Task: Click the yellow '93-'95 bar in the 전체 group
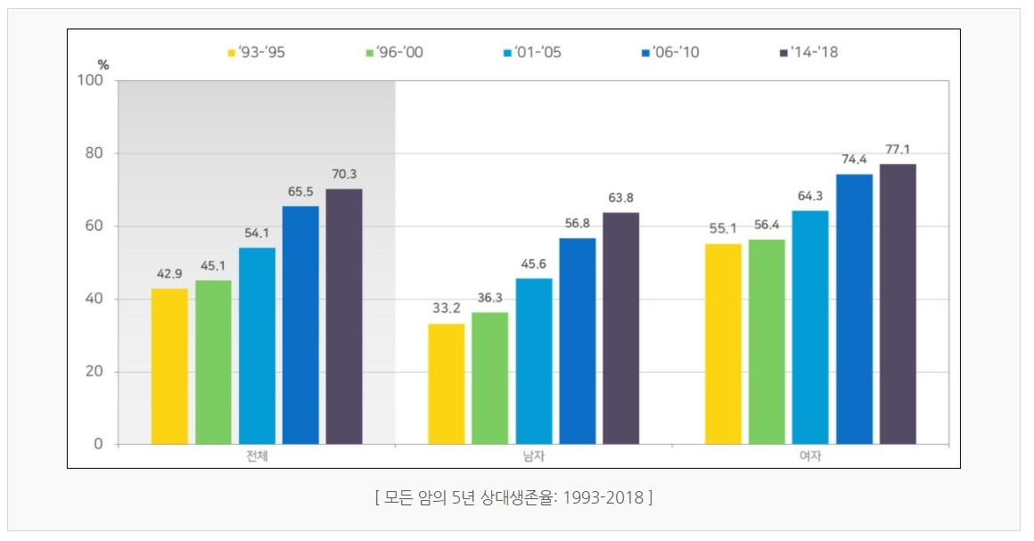[169, 366]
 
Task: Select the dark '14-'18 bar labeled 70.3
[344, 316]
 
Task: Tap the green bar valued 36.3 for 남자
[490, 378]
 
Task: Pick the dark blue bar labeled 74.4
[855, 308]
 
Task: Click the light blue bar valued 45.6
[534, 362]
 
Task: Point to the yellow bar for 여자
[724, 344]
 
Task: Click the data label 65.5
[300, 192]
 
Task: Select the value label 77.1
[898, 150]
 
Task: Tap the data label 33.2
[447, 308]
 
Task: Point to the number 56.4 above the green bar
[767, 225]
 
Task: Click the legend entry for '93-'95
[257, 52]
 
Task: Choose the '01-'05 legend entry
[532, 52]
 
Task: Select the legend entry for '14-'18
[809, 52]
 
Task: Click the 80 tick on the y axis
[95, 153]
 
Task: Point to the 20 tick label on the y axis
[95, 372]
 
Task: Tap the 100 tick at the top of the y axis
[91, 80]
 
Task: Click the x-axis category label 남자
[533, 456]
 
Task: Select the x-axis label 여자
[810, 456]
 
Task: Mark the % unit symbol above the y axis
[103, 65]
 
